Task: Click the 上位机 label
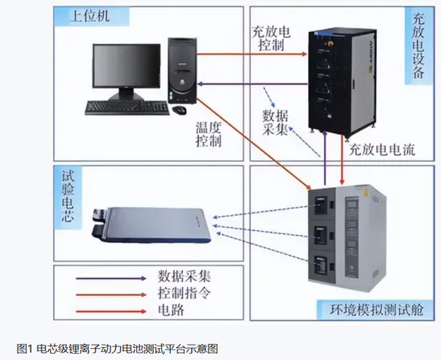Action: tap(90, 16)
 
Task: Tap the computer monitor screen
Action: tap(127, 66)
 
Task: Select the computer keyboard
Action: tap(127, 107)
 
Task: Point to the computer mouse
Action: tap(179, 110)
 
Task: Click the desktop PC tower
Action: tap(182, 71)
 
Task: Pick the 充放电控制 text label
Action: tap(271, 38)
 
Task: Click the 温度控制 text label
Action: tap(208, 135)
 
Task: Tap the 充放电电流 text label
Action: tap(382, 149)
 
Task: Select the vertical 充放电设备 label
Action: tap(419, 47)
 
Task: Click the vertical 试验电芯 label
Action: tap(68, 197)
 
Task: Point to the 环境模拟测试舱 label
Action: tap(377, 309)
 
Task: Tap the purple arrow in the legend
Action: tap(111, 278)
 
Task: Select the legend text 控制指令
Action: tap(184, 293)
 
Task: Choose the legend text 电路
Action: tap(171, 310)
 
